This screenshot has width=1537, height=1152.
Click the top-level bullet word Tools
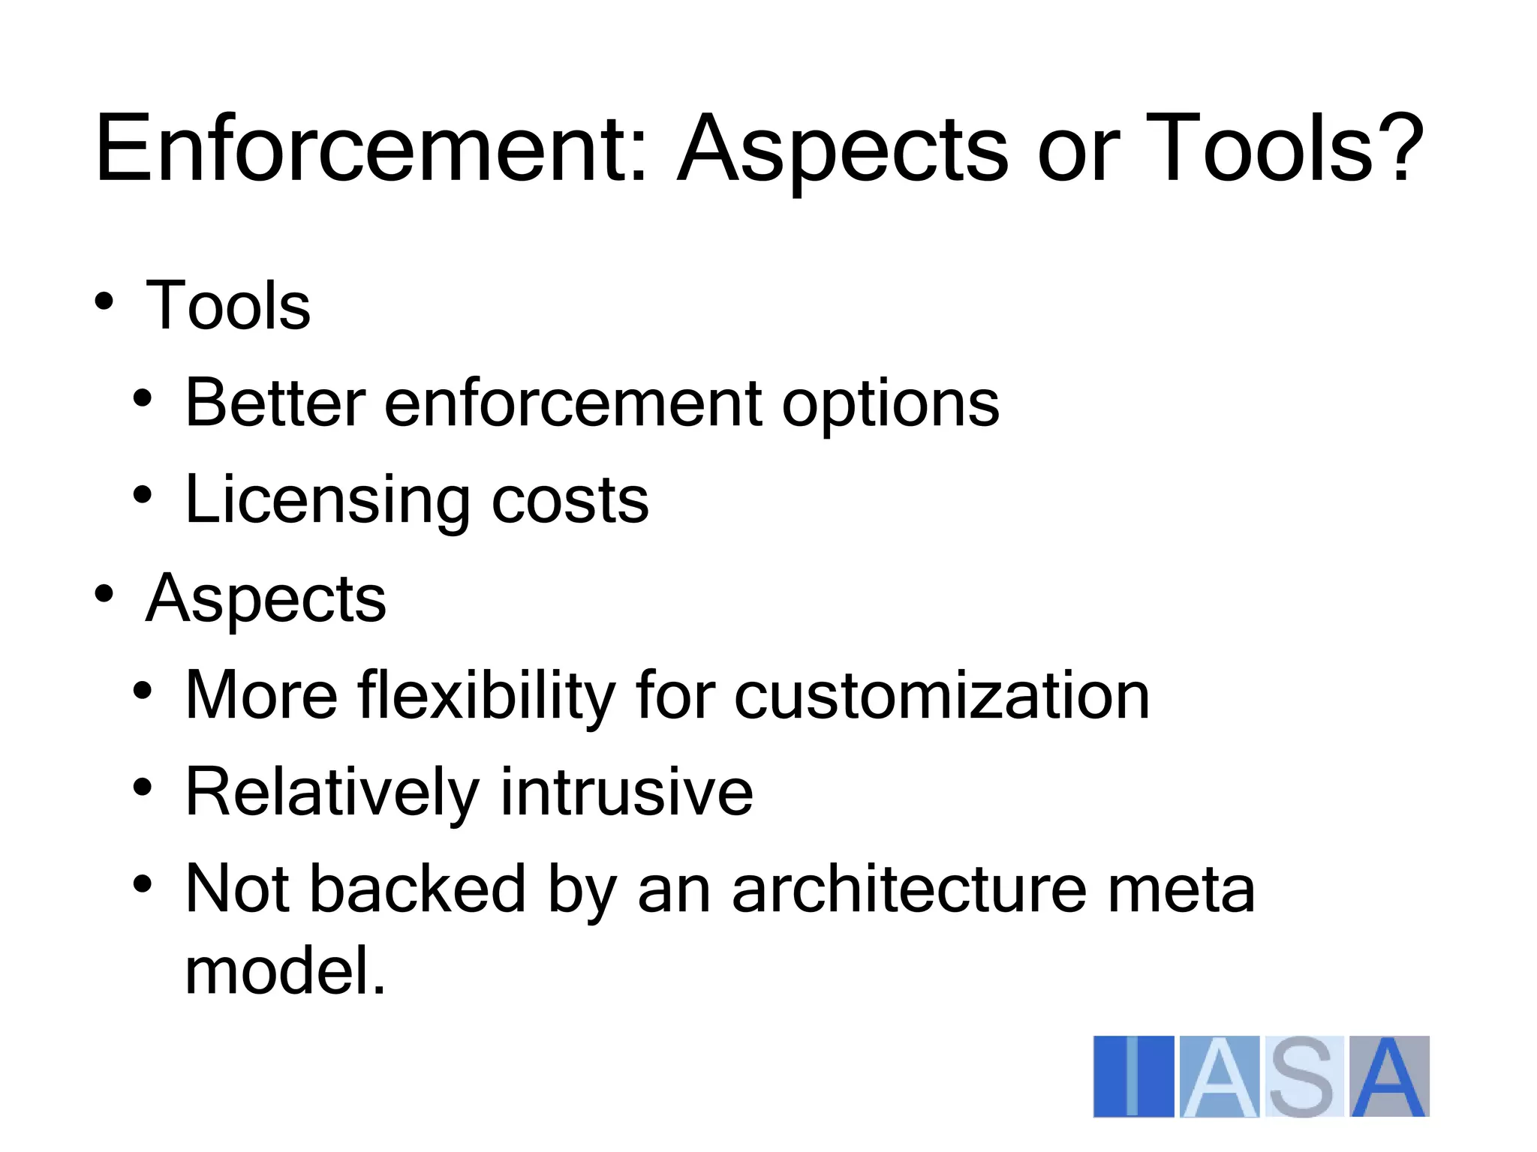click(227, 305)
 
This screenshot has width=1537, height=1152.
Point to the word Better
click(275, 403)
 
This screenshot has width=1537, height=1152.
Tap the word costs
click(570, 501)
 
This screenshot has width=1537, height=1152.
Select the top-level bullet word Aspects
click(266, 600)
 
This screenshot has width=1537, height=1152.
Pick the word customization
click(941, 696)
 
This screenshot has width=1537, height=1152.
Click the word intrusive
click(627, 793)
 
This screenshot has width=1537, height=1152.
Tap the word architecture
click(909, 890)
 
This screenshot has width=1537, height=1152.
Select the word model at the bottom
click(285, 971)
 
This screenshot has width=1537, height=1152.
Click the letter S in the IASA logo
click(1304, 1077)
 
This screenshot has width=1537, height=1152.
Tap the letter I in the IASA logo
click(1132, 1077)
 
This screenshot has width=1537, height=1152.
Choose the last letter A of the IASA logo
click(1389, 1077)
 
